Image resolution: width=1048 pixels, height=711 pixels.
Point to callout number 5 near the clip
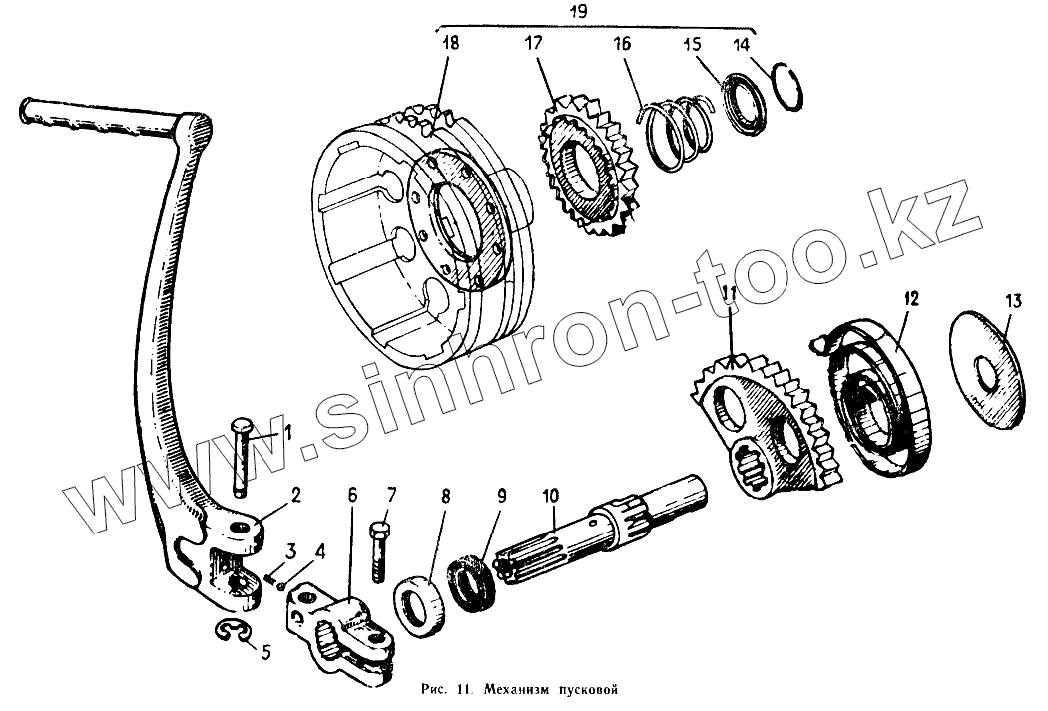click(x=265, y=653)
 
